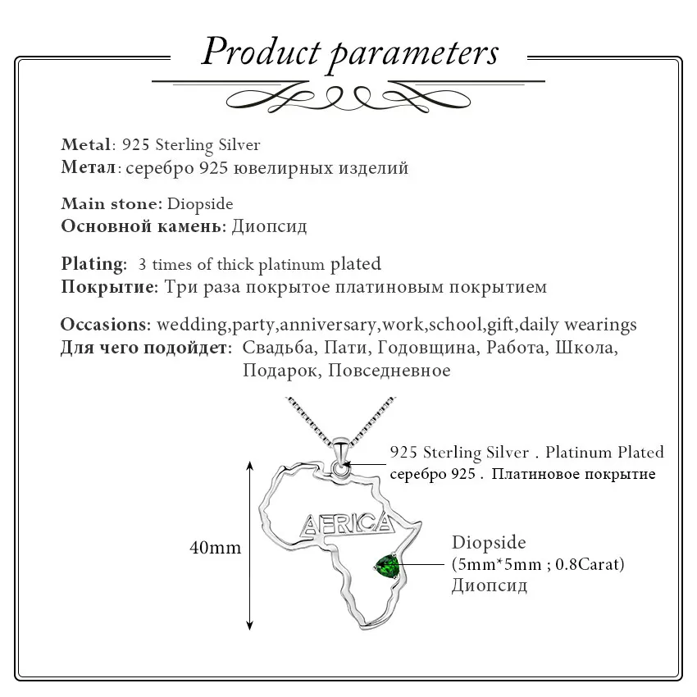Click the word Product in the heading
pyautogui.click(x=261, y=52)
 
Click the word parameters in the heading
pyautogui.click(x=415, y=53)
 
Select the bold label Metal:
pyautogui.click(x=87, y=145)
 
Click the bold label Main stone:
pyautogui.click(x=112, y=204)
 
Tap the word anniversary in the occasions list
pyautogui.click(x=330, y=325)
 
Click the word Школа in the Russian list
pyautogui.click(x=585, y=348)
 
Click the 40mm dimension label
pyautogui.click(x=216, y=547)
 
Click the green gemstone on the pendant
pyautogui.click(x=385, y=565)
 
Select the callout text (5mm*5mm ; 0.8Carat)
pyautogui.click(x=538, y=564)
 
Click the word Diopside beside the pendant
pyautogui.click(x=489, y=543)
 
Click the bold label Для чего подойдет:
pyautogui.click(x=146, y=348)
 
